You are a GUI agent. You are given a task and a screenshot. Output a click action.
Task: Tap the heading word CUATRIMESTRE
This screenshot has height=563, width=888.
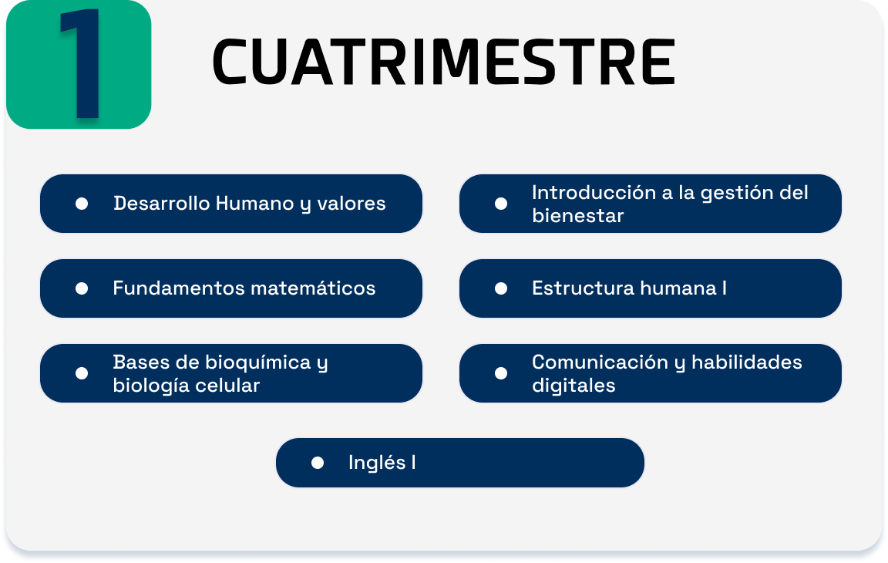point(444,62)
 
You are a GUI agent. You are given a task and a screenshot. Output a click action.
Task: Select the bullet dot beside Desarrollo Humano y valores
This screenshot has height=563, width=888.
point(82,204)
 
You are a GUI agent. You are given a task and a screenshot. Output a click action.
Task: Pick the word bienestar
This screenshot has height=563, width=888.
point(577,216)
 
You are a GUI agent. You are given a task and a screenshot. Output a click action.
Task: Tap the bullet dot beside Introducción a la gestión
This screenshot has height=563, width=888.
point(500,204)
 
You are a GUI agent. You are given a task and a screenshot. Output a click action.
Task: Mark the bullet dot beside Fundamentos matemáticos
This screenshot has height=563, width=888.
point(82,288)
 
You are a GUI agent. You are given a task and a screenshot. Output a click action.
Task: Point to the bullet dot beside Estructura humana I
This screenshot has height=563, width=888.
point(500,288)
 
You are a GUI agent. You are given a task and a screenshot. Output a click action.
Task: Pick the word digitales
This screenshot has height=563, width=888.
point(573,385)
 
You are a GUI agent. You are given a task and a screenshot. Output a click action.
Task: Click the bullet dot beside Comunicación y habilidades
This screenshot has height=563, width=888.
point(500,373)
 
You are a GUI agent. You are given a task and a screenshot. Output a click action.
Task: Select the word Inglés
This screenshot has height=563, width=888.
point(377,463)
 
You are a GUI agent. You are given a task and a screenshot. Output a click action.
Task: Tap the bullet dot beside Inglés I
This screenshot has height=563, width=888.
point(318,463)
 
